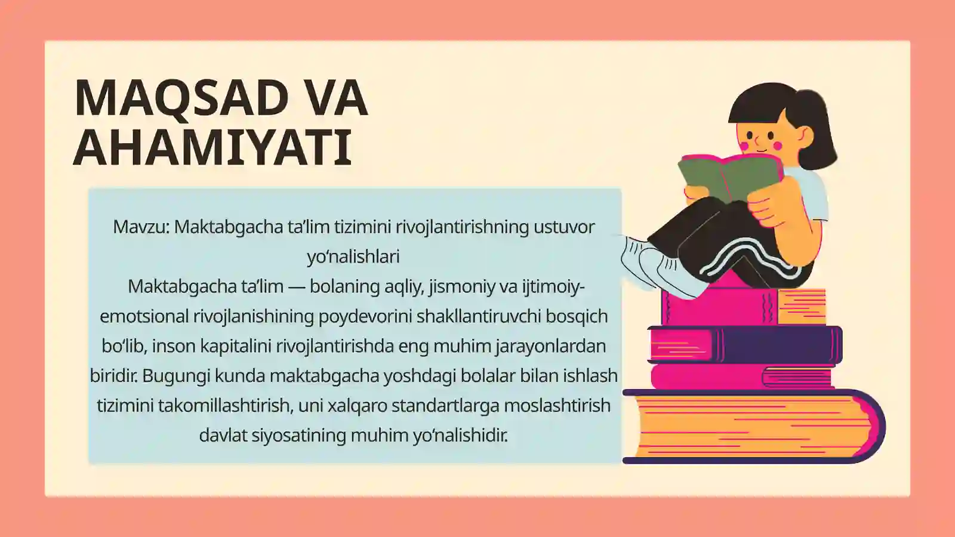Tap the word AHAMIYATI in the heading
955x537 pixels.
tap(212, 147)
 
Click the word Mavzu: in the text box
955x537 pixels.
tap(141, 227)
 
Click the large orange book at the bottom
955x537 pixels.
tap(752, 427)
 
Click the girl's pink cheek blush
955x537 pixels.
tap(777, 145)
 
